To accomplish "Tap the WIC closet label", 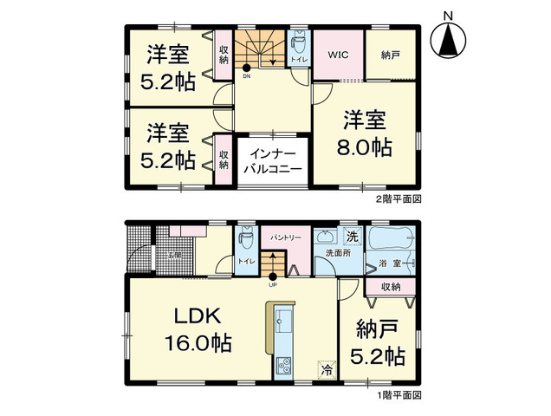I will coord(337,53).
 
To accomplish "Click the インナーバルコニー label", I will coord(272,160).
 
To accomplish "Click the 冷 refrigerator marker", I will coord(327,369).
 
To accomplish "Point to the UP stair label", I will coord(272,284).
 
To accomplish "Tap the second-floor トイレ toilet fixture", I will coord(299,41).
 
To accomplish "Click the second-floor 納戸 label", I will coord(390,53).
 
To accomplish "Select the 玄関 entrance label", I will coord(174,254).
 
